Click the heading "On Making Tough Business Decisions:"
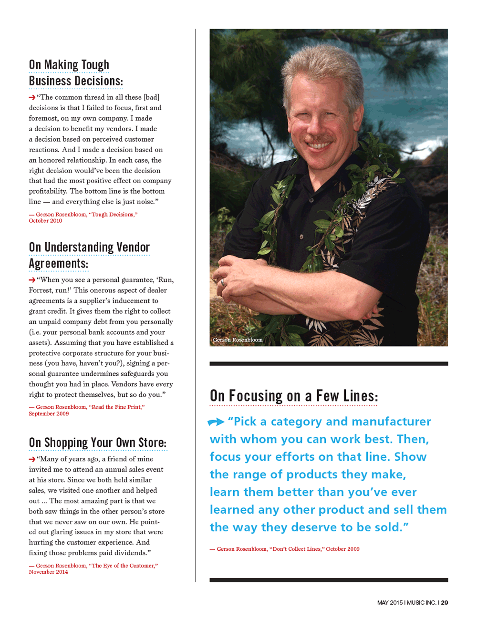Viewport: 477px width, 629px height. coord(76,73)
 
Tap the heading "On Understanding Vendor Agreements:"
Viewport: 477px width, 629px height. coord(89,255)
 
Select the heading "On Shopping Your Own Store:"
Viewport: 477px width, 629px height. coord(98,443)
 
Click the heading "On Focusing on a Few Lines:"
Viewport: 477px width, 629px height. coord(294,396)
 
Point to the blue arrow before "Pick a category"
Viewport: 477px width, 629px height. coord(216,422)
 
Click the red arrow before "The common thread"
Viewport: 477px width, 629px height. coord(32,97)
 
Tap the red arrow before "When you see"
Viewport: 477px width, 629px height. coord(32,280)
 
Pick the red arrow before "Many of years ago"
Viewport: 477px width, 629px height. coord(32,459)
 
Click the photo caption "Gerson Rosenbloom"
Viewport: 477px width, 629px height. coord(238,340)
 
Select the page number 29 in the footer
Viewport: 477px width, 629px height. coord(445,603)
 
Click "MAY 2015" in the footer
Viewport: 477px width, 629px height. coord(390,603)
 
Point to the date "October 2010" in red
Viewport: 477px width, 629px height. coord(45,221)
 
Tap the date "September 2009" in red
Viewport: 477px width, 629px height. coord(49,413)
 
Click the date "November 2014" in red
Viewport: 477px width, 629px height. coord(48,572)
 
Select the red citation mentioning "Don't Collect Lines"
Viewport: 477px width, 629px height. coord(285,549)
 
